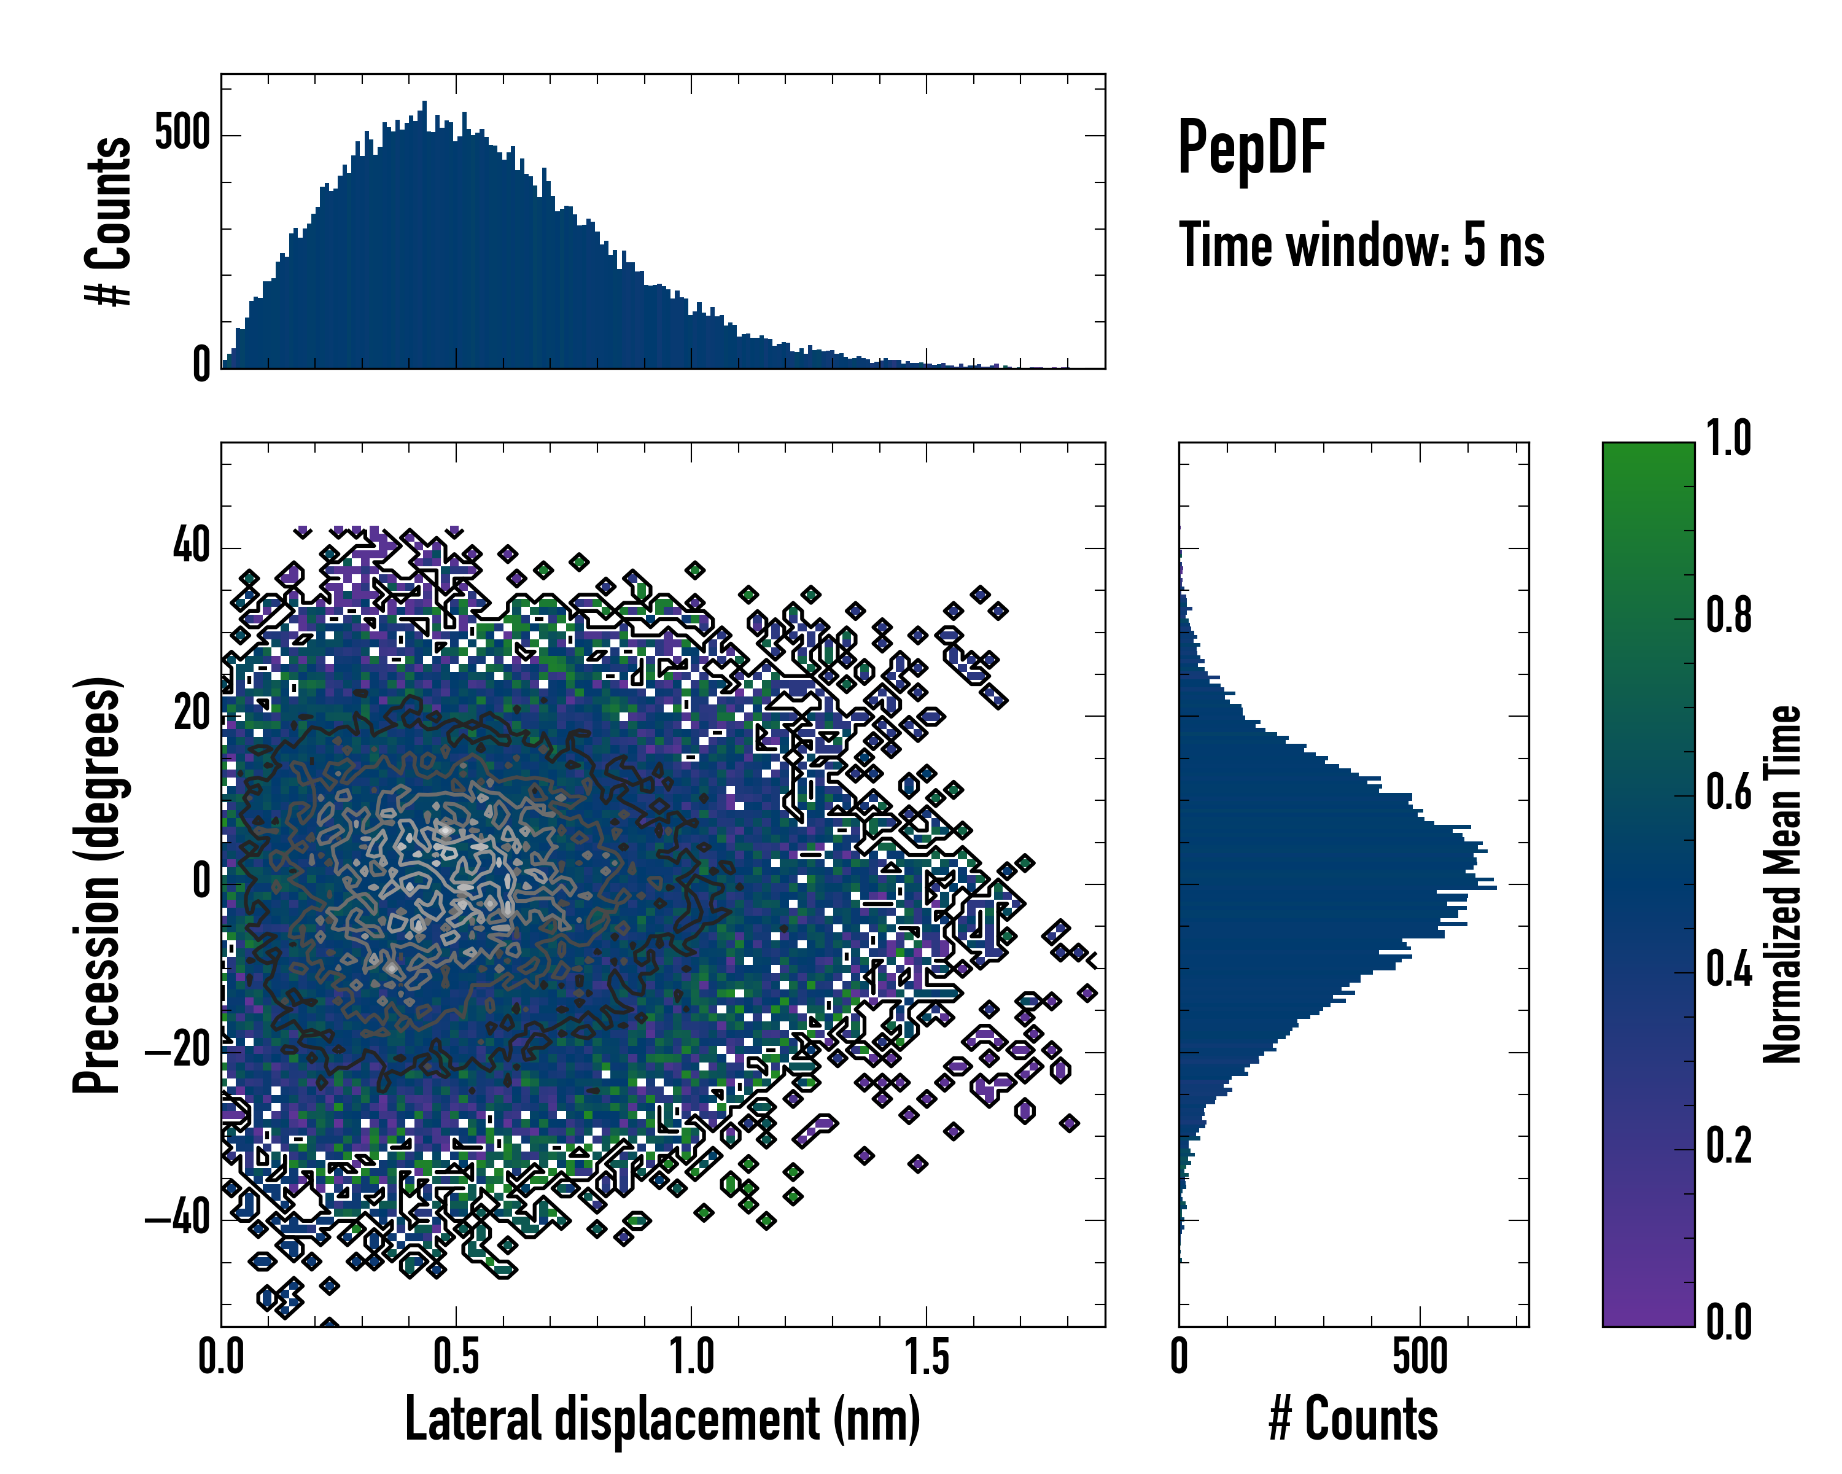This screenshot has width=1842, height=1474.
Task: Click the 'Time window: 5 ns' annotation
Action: point(1361,245)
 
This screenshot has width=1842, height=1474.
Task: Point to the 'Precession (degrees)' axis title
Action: point(96,885)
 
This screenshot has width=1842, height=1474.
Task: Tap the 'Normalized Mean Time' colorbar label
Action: point(1782,884)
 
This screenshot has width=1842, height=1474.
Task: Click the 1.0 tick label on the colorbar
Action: point(1728,439)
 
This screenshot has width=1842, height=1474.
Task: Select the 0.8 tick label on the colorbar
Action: point(1728,615)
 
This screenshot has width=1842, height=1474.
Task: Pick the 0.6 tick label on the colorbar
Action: point(1728,792)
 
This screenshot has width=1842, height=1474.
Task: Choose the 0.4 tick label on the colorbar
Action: point(1728,969)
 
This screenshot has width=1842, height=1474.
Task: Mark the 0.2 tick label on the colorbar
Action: point(1728,1146)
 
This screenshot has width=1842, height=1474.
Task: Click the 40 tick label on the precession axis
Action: point(192,545)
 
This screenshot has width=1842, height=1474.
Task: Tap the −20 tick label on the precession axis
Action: point(177,1050)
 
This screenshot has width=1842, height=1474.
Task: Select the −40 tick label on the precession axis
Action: point(177,1218)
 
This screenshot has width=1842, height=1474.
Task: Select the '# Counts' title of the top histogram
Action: point(109,220)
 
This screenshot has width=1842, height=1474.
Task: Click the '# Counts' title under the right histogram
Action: point(1353,1419)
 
